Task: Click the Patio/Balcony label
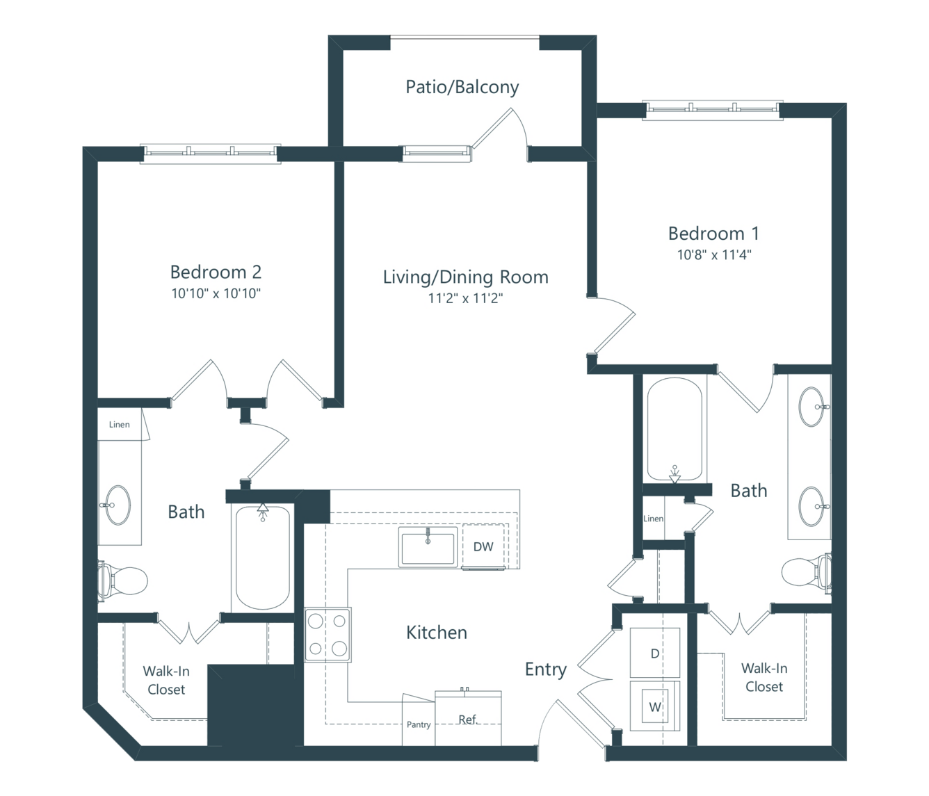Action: (x=462, y=87)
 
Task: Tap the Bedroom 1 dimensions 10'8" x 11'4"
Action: (x=714, y=255)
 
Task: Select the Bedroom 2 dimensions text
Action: (x=216, y=293)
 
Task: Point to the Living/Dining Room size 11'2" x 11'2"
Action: (x=465, y=298)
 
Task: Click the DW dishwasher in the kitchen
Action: (x=483, y=546)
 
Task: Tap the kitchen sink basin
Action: (x=428, y=547)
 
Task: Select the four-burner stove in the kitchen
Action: (x=328, y=634)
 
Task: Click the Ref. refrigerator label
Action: (x=467, y=720)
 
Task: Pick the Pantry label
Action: (x=419, y=724)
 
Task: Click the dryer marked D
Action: (x=655, y=653)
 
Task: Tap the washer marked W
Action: (x=655, y=706)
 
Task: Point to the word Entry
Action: (x=546, y=669)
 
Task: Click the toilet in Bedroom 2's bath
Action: (x=122, y=581)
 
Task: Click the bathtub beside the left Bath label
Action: (x=263, y=558)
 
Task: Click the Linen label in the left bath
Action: (x=119, y=424)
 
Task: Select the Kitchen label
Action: (x=437, y=633)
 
